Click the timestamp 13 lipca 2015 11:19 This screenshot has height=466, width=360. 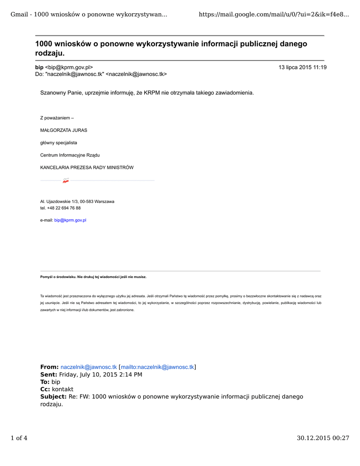302,67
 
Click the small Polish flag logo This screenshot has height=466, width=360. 66,181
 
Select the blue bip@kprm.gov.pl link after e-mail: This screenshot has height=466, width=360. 70,220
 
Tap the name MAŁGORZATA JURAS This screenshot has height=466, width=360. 64,130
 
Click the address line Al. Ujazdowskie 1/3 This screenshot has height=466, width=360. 77,201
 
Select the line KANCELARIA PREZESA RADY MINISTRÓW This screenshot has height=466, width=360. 87,167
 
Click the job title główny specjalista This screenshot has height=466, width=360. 59,142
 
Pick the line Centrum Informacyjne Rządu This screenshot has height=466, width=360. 70,155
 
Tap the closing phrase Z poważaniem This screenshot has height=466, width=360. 57,118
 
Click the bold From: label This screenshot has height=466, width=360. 50,367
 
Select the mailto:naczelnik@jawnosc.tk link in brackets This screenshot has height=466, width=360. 157,367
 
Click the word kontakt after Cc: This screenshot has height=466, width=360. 62,389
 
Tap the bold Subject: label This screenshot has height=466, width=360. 53,396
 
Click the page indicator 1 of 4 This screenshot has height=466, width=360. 19,438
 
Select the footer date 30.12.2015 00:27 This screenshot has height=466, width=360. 323,438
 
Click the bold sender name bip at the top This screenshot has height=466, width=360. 39,67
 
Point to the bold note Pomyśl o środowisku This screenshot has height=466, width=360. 93,277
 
